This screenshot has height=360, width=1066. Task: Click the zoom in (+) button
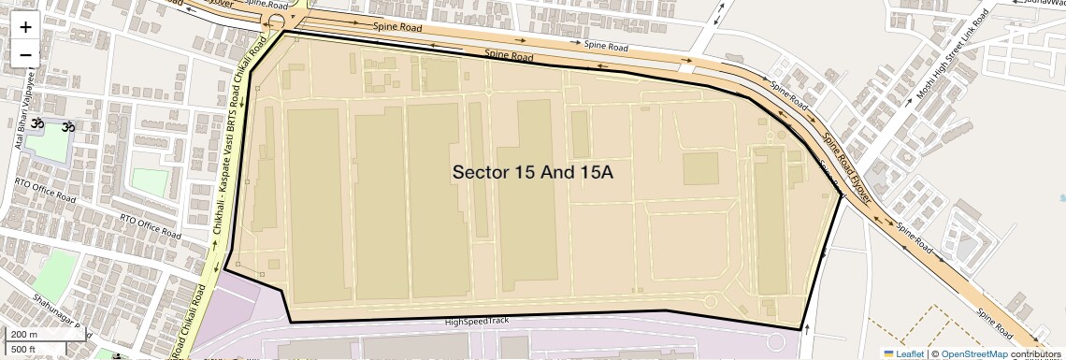tap(25, 27)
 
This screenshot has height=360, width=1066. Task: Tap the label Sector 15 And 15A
tap(532, 172)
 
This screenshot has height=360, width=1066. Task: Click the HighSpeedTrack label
tap(477, 322)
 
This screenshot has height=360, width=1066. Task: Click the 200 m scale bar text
tap(24, 334)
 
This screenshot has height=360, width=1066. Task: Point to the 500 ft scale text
tap(24, 350)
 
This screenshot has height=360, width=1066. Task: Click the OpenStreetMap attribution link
tap(973, 353)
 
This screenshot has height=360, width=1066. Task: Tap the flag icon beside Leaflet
tap(888, 353)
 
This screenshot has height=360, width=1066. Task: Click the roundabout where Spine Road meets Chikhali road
tap(277, 21)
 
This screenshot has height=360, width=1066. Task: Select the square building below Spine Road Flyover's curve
tap(699, 169)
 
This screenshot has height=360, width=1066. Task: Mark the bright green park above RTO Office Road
tap(150, 182)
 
